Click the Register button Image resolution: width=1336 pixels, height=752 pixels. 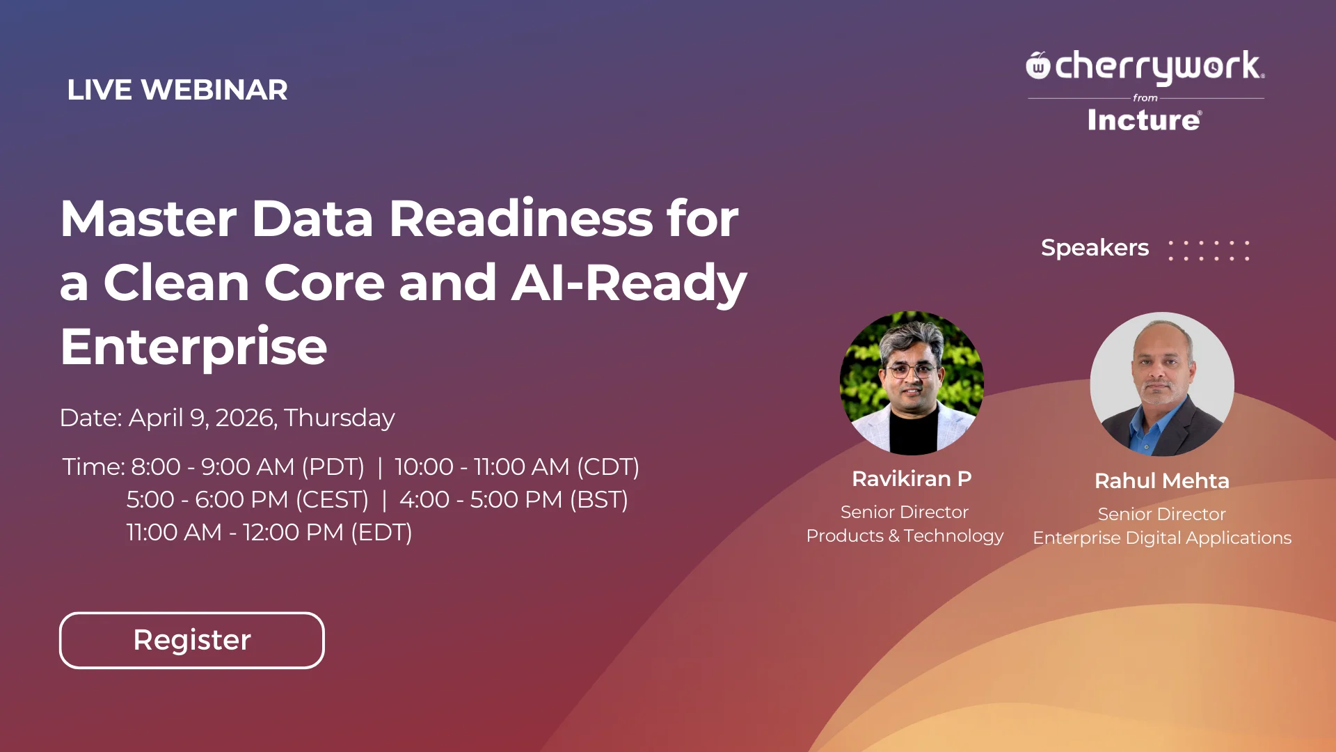click(x=192, y=640)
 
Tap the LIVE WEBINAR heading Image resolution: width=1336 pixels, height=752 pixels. click(x=177, y=90)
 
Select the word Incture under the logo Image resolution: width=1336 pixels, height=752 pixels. click(x=1145, y=120)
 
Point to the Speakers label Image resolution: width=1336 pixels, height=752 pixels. click(x=1095, y=248)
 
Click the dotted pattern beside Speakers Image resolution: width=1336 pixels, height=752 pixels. click(x=1209, y=251)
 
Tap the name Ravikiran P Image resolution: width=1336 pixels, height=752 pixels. click(x=912, y=479)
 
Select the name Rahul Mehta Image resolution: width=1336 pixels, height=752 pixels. click(x=1162, y=481)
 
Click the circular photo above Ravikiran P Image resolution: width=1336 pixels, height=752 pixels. click(x=912, y=383)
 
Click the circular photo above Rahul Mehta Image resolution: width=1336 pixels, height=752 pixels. click(x=1162, y=384)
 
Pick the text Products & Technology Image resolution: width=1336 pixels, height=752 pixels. click(x=905, y=536)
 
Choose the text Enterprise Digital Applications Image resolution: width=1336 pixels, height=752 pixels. click(x=1162, y=538)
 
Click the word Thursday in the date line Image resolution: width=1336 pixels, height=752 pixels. click(x=340, y=418)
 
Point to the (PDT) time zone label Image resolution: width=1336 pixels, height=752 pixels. click(x=333, y=467)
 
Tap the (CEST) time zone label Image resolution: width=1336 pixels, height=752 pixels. click(x=332, y=500)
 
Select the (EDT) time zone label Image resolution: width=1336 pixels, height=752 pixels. click(x=381, y=533)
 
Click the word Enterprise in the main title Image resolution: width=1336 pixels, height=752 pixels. click(x=193, y=347)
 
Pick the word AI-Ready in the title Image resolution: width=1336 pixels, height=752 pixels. click(x=629, y=284)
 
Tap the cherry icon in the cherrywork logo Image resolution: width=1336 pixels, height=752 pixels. click(x=1037, y=65)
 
